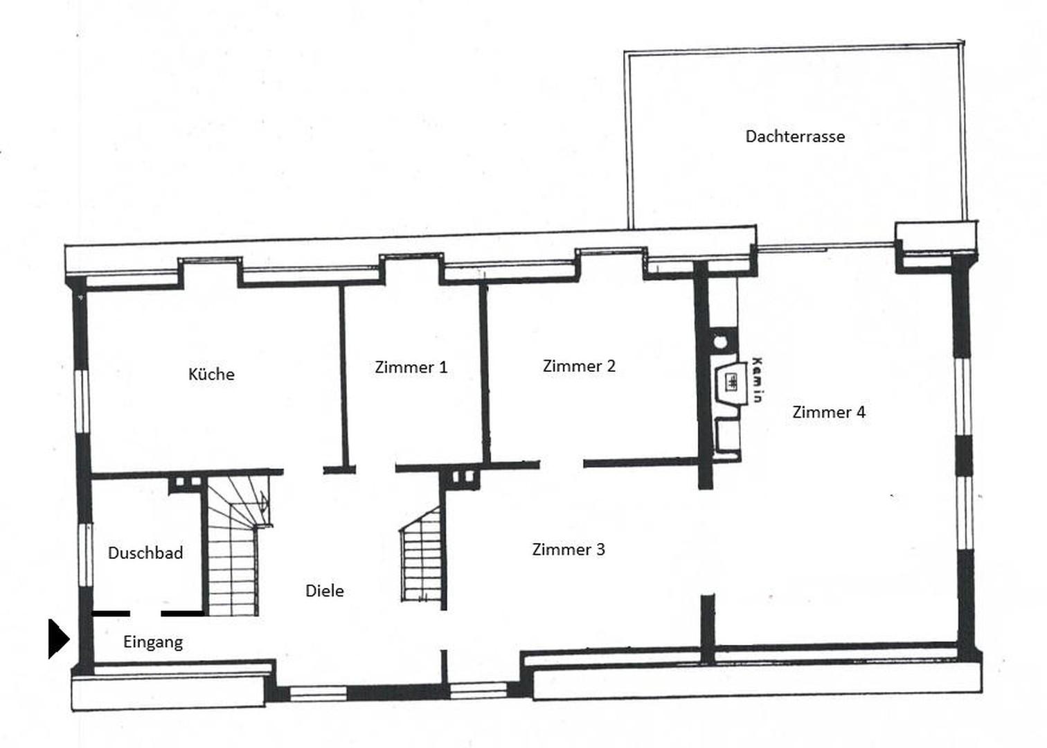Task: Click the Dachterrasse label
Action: pos(795,136)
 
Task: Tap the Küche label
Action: pos(211,375)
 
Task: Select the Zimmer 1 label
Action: pos(411,367)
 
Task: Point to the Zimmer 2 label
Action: pos(579,366)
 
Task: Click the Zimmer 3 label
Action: pos(568,549)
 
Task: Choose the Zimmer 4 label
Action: pos(828,412)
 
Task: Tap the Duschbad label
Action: pos(145,553)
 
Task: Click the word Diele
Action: pos(324,591)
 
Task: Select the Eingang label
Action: pos(153,642)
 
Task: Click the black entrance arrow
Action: pos(58,639)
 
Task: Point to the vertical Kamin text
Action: pos(758,380)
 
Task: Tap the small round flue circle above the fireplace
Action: pos(721,341)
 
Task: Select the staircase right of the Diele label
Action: pos(421,558)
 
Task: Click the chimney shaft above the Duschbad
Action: pos(188,481)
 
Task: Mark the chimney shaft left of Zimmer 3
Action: pos(461,477)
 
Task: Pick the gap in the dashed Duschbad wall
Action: pos(145,614)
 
